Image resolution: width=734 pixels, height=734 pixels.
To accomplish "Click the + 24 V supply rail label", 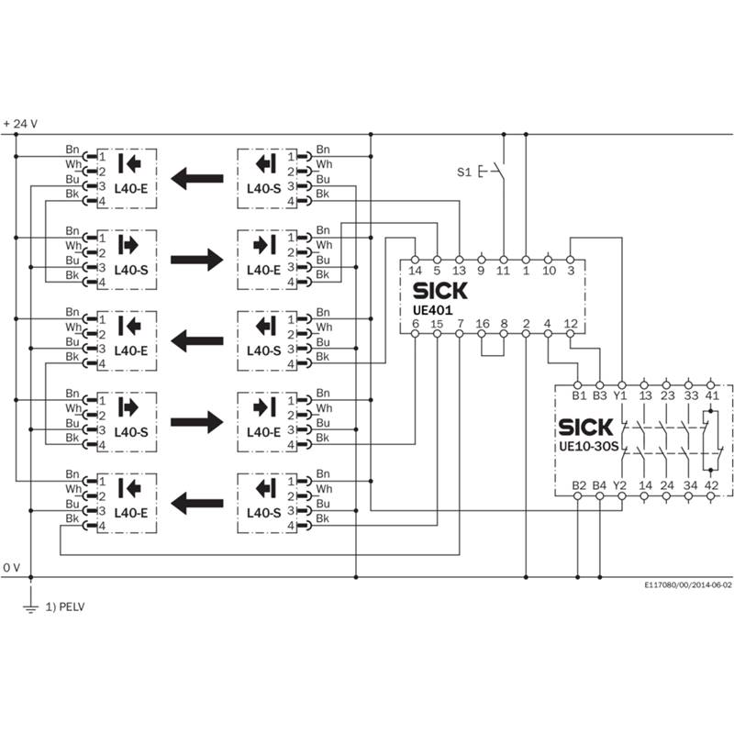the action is tap(20, 124).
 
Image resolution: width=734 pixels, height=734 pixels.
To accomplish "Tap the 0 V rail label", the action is tap(12, 568).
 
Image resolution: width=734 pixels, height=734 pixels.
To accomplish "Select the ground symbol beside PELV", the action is tap(31, 607).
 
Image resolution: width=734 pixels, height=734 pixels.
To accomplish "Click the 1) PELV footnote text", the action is tap(65, 607).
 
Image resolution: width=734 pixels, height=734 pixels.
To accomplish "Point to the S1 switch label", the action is tap(464, 172).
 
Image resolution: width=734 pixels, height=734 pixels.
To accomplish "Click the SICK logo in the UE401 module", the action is tap(440, 291).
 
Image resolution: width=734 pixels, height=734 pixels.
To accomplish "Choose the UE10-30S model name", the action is tap(588, 446).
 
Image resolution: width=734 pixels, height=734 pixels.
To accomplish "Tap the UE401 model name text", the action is tap(432, 310).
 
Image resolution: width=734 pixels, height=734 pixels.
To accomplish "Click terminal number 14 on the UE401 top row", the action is tap(415, 271).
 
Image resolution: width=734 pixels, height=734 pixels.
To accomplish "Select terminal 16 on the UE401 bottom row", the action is tap(483, 324).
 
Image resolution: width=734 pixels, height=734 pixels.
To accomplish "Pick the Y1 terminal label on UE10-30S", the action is tap(620, 395).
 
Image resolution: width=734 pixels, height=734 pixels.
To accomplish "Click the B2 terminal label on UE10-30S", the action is tap(579, 485).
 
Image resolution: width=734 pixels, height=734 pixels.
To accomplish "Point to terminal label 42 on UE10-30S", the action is tap(711, 485).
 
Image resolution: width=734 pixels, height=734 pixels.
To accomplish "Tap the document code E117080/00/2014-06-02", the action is tap(687, 585).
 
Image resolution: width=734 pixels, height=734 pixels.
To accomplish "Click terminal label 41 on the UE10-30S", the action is tap(712, 395).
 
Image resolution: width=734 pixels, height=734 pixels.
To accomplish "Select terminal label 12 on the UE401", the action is tap(571, 324).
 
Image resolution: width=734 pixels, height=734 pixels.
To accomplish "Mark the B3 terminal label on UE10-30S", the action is tap(600, 395).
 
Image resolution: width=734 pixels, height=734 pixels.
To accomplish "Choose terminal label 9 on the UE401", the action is tap(481, 271).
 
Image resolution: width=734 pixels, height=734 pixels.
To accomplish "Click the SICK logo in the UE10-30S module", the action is tap(585, 427).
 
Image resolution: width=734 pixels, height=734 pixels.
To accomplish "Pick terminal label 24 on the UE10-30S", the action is tap(667, 485).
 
